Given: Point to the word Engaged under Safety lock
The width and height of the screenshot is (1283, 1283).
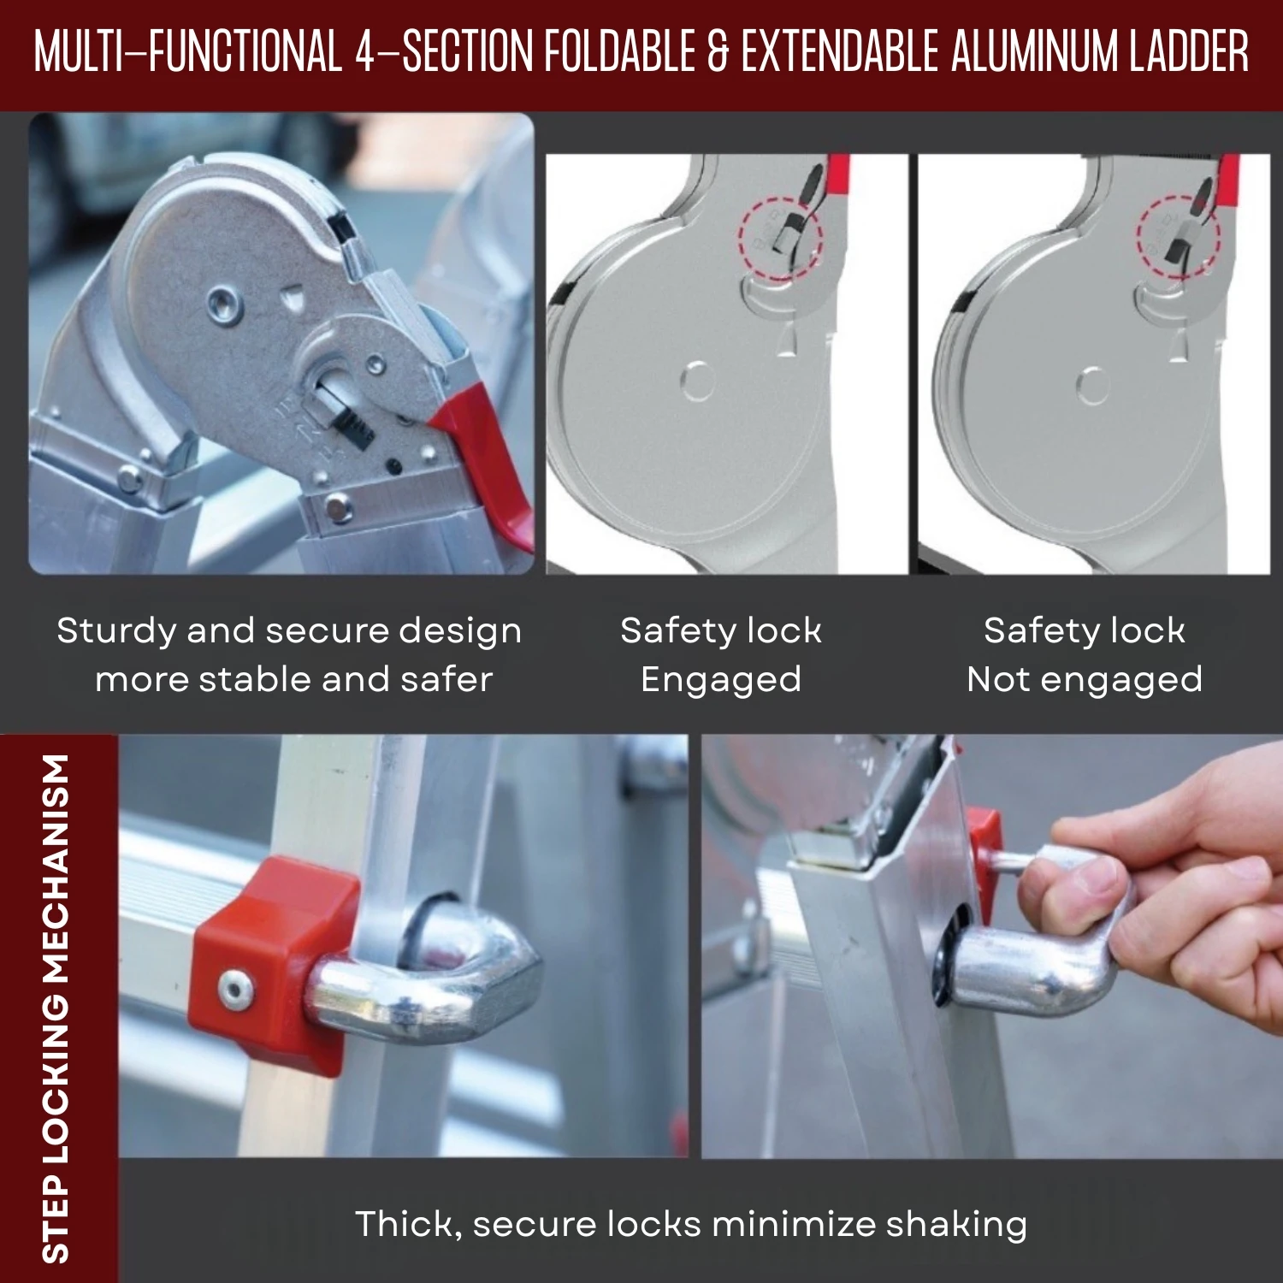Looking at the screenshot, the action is [721, 681].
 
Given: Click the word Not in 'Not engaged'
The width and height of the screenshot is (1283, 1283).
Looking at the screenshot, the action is [998, 680].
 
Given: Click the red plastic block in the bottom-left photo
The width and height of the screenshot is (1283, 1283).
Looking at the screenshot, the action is [274, 962].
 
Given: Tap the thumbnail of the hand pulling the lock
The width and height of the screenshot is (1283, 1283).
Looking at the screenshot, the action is [992, 946].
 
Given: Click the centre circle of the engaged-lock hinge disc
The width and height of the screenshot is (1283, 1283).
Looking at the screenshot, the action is [698, 381].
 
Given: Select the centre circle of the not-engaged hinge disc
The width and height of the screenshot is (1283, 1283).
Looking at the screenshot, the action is [1092, 386].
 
